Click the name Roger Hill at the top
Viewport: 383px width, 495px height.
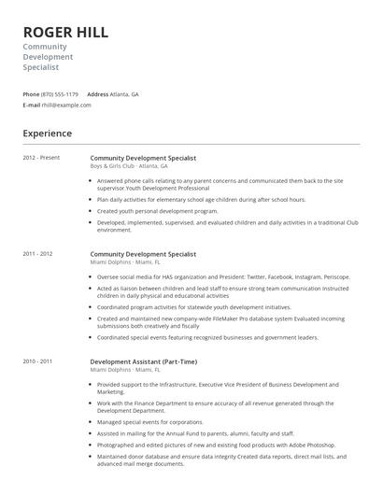[x=65, y=32]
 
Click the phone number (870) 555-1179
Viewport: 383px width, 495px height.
[x=61, y=94]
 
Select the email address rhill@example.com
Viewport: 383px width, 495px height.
[x=67, y=106]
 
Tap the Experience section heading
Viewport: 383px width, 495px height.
[x=47, y=134]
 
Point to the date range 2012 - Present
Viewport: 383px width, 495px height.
[x=41, y=157]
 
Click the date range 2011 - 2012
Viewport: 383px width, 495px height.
[x=38, y=254]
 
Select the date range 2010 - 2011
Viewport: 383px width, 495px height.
[x=38, y=361]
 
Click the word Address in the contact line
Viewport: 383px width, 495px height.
[x=98, y=94]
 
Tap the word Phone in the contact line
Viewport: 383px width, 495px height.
[x=31, y=94]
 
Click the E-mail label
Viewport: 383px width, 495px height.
[x=32, y=106]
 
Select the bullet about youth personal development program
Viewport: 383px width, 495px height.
[x=157, y=211]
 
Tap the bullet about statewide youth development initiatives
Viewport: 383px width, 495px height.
[x=193, y=307]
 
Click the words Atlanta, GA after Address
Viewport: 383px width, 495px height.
[x=125, y=94]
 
